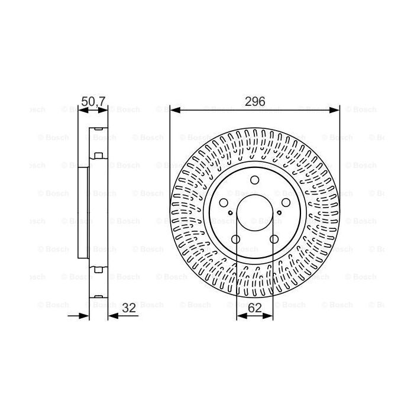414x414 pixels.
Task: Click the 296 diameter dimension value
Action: coord(254,102)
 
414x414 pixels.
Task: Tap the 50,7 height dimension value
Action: coord(93,102)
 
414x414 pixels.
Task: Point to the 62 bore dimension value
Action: coord(254,308)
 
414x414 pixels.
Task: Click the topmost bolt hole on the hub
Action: coord(254,181)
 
